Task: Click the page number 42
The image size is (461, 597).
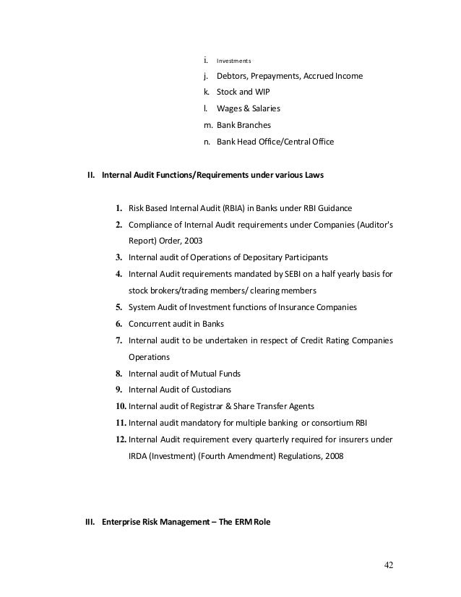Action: coord(390,565)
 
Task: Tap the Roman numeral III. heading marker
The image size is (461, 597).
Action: coord(90,520)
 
